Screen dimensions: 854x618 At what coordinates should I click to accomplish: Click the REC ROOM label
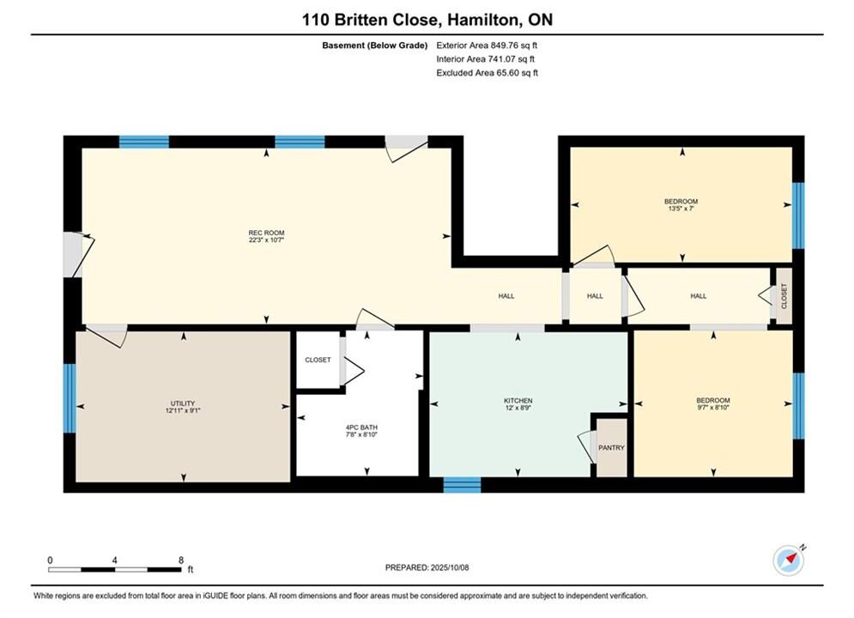coord(266,233)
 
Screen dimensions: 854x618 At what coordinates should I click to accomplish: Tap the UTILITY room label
coord(183,403)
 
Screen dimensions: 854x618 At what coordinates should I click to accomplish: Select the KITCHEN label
coord(518,400)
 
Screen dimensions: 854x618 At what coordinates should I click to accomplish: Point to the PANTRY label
coord(611,447)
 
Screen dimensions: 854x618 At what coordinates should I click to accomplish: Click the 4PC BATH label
coord(361,427)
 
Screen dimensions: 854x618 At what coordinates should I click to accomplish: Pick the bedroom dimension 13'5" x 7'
coord(681,209)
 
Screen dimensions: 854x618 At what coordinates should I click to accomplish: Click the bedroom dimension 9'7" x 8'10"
coord(713,408)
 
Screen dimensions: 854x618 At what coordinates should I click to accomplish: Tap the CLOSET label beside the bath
coord(318,360)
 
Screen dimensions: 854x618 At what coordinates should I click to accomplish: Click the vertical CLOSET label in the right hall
coord(784,295)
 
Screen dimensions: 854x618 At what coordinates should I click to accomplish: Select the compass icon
coord(789,560)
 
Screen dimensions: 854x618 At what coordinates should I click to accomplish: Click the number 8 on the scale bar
coord(181,560)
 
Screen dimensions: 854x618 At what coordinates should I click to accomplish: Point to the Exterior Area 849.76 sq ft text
coord(487,45)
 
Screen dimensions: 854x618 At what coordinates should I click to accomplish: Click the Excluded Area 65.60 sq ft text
coord(487,72)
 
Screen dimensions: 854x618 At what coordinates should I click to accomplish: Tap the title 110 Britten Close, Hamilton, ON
coord(427,20)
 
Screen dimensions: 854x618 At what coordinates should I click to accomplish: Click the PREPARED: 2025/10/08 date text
coord(427,567)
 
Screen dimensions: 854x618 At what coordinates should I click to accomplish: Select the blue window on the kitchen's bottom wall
coord(462,485)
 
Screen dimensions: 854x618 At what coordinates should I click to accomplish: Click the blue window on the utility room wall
coord(70,398)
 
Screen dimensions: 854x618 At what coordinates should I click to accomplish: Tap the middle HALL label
coord(595,296)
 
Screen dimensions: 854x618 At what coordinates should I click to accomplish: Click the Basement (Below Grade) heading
coord(375,45)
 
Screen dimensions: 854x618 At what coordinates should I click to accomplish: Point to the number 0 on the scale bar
coord(50,560)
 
